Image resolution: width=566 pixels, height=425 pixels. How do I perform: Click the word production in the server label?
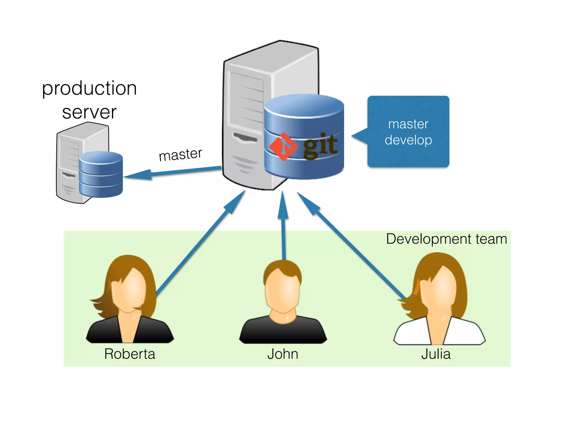[89, 89]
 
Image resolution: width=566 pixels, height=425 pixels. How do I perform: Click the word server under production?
[89, 112]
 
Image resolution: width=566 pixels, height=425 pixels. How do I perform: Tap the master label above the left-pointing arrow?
[180, 154]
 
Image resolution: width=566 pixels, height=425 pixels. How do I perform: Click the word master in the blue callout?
[408, 124]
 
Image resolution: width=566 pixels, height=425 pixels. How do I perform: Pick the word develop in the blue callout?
[408, 140]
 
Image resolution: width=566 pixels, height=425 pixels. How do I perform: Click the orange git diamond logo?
[283, 147]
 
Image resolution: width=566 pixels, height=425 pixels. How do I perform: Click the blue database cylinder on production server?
[101, 174]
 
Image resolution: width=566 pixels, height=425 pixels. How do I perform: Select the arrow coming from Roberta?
[199, 243]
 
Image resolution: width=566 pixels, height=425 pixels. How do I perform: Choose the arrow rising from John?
[284, 230]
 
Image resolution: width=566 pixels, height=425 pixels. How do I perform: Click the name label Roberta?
[130, 354]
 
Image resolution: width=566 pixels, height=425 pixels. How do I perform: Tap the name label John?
[283, 354]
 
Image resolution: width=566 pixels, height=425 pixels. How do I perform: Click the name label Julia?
[436, 354]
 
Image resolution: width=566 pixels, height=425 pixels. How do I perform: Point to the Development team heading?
[446, 239]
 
